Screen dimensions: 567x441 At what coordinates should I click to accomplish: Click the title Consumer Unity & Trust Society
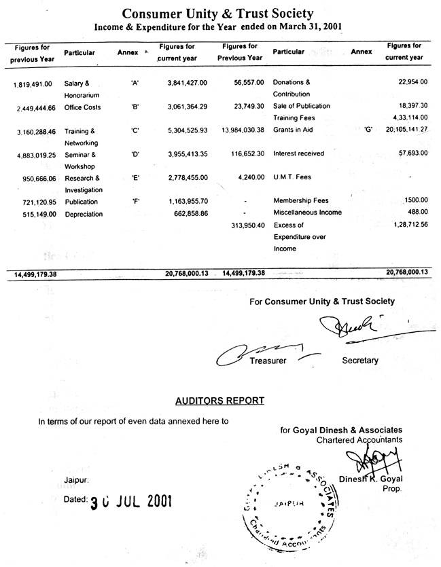coord(217,13)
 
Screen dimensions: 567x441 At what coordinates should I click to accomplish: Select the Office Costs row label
coord(82,107)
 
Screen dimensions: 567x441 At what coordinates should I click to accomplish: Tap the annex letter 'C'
coord(135,130)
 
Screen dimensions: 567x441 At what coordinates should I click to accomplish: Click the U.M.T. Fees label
coord(292,177)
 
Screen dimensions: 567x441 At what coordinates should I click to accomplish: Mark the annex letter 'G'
coord(369,130)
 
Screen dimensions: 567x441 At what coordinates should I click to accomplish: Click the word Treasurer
coord(268,361)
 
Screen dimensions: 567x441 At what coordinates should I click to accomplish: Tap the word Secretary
coord(360,360)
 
